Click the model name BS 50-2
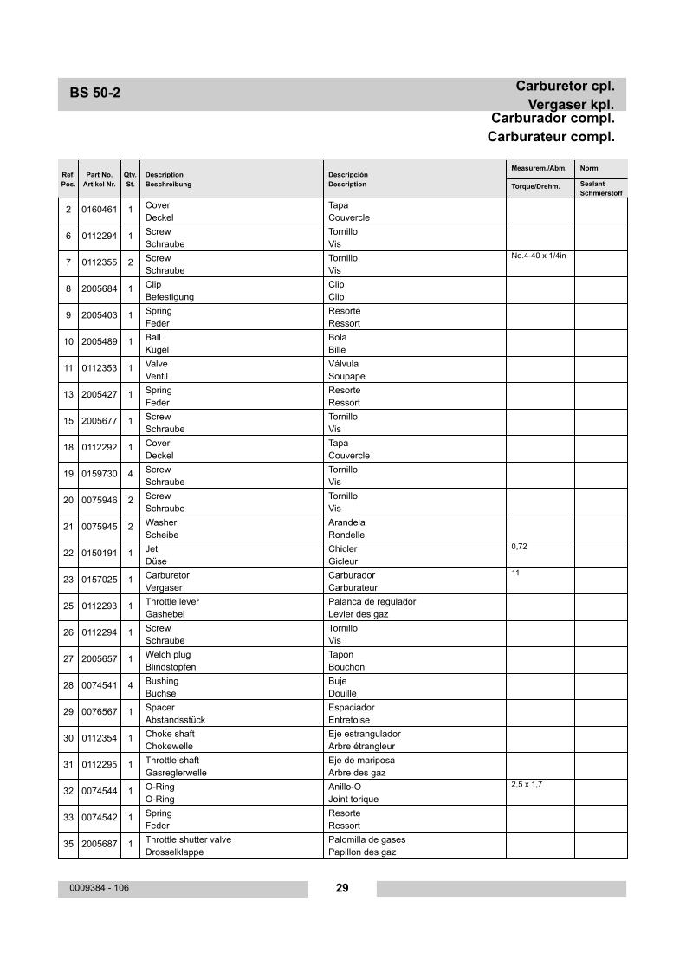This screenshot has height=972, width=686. pyautogui.click(x=94, y=94)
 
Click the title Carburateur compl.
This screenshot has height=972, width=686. pyautogui.click(x=551, y=137)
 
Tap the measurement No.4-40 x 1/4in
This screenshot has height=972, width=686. pyautogui.click(x=539, y=256)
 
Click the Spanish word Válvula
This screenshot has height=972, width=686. pyautogui.click(x=343, y=364)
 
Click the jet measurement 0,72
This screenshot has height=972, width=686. pyautogui.click(x=519, y=547)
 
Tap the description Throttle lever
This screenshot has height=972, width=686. pyautogui.click(x=171, y=601)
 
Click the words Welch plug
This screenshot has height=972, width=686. pyautogui.click(x=168, y=654)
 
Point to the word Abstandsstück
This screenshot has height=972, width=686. pyautogui.click(x=175, y=720)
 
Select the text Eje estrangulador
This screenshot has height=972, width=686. pyautogui.click(x=364, y=734)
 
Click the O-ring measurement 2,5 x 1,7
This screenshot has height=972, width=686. pyautogui.click(x=527, y=784)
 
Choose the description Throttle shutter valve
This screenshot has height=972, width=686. pyautogui.click(x=188, y=839)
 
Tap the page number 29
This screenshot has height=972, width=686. pyautogui.click(x=342, y=888)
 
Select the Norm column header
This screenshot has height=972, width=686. pyautogui.click(x=589, y=168)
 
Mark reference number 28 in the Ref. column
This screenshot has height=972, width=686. pyautogui.click(x=68, y=686)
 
